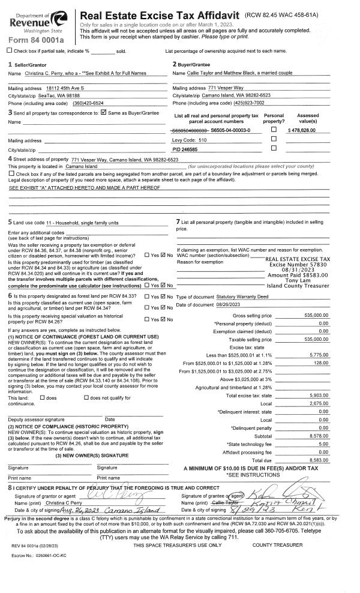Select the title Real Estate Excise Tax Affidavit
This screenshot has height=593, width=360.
(x=159, y=15)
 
